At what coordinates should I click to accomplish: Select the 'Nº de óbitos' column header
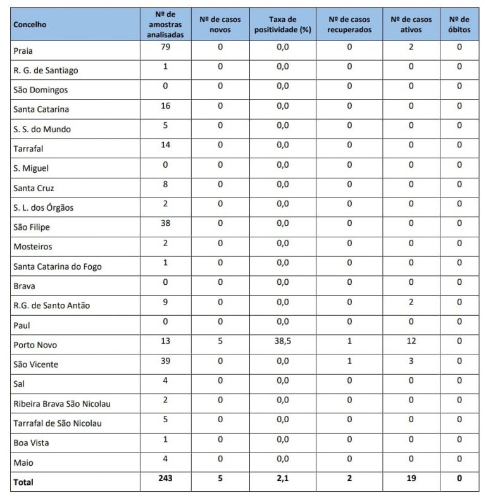(x=459, y=25)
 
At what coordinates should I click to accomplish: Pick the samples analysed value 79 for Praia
(x=165, y=47)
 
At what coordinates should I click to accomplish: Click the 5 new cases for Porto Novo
(x=220, y=341)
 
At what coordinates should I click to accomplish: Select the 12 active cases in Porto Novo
(x=411, y=341)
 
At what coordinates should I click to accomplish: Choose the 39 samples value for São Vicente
(x=165, y=361)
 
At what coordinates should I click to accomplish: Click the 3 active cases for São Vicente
(x=411, y=361)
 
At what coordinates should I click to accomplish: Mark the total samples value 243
(x=165, y=479)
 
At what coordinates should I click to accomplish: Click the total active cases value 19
(x=411, y=479)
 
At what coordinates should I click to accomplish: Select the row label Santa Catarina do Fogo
(x=57, y=266)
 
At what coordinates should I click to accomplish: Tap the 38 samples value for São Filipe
(x=165, y=223)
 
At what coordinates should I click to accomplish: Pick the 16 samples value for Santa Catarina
(x=165, y=106)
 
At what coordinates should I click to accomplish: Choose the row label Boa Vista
(x=31, y=443)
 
